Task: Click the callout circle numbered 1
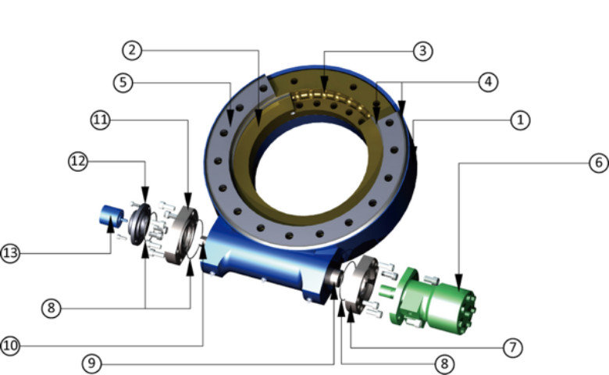pyautogui.click(x=521, y=120)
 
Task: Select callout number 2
pyautogui.click(x=133, y=50)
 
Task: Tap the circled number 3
pyautogui.click(x=422, y=51)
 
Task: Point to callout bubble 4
pyautogui.click(x=488, y=81)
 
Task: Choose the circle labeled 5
pyautogui.click(x=123, y=81)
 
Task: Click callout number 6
pyautogui.click(x=598, y=162)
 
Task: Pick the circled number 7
pyautogui.click(x=512, y=346)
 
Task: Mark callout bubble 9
pyautogui.click(x=93, y=363)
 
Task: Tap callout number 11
pyautogui.click(x=101, y=120)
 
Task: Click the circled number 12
pyautogui.click(x=77, y=162)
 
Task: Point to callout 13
pyautogui.click(x=10, y=253)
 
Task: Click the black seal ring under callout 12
pyautogui.click(x=141, y=224)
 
